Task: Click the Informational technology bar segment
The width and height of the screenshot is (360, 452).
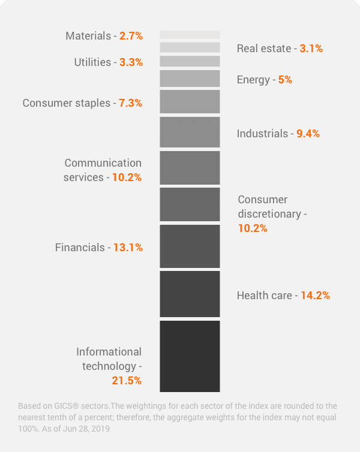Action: (190, 356)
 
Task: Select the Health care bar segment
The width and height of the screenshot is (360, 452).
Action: (190, 294)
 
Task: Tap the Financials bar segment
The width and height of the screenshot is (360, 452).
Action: (190, 246)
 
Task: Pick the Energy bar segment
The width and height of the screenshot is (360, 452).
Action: (190, 79)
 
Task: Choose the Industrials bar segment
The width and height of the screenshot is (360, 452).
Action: (190, 132)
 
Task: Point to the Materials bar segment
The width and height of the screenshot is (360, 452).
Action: (190, 35)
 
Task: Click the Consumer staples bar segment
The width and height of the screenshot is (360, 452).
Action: (190, 101)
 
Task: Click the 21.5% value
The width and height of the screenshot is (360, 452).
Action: (127, 381)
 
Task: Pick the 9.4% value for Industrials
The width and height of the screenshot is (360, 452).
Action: (308, 134)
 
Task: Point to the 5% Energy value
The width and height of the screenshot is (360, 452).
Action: (285, 80)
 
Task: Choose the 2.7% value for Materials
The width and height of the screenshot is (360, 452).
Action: (131, 36)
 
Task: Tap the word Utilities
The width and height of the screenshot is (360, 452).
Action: (92, 62)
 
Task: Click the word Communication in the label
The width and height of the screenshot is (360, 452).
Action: (103, 163)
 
